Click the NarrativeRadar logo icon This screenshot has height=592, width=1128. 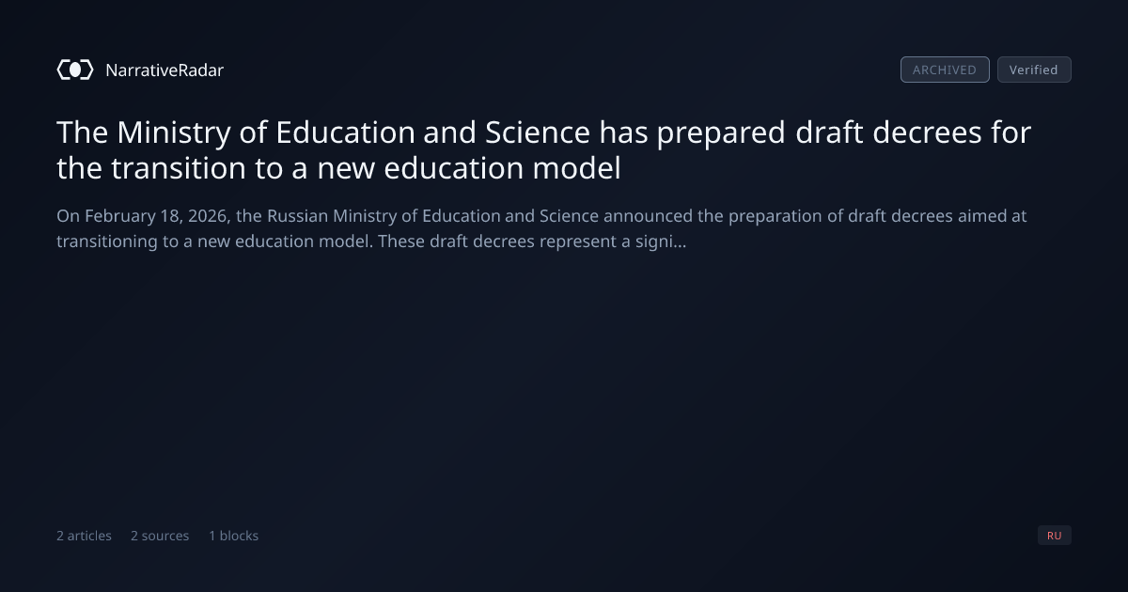[75, 70]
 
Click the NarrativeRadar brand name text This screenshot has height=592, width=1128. [164, 70]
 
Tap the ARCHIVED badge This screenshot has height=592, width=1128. [945, 70]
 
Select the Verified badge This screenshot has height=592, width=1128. [1034, 70]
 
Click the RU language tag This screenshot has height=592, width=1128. [1054, 535]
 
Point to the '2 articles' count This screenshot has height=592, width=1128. [84, 536]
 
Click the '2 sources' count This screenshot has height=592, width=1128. [160, 536]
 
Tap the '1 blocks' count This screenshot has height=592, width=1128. [234, 536]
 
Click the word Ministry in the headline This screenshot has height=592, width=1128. [174, 132]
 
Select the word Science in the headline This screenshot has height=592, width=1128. [538, 132]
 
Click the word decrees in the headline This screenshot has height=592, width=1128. [927, 132]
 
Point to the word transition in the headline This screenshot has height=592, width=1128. [179, 168]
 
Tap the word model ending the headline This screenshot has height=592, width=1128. [576, 168]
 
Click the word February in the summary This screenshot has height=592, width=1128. [120, 216]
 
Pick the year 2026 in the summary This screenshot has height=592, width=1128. [209, 216]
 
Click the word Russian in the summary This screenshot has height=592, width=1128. [297, 216]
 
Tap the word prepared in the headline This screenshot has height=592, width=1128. [721, 133]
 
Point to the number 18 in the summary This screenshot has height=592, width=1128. [170, 216]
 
